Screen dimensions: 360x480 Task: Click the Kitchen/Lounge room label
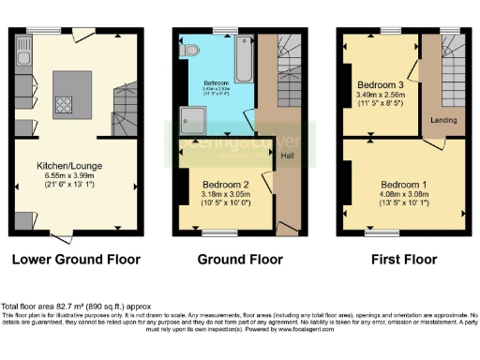pos(77,165)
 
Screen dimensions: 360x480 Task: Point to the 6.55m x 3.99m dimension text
pos(77,175)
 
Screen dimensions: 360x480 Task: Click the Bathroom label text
pos(216,83)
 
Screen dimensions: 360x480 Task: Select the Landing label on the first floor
pos(442,120)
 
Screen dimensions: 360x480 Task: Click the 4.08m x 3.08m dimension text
pos(404,193)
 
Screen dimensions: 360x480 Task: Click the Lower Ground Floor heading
pos(77,259)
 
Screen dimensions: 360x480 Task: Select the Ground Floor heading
pos(239,259)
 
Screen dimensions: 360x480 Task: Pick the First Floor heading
pos(405,259)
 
